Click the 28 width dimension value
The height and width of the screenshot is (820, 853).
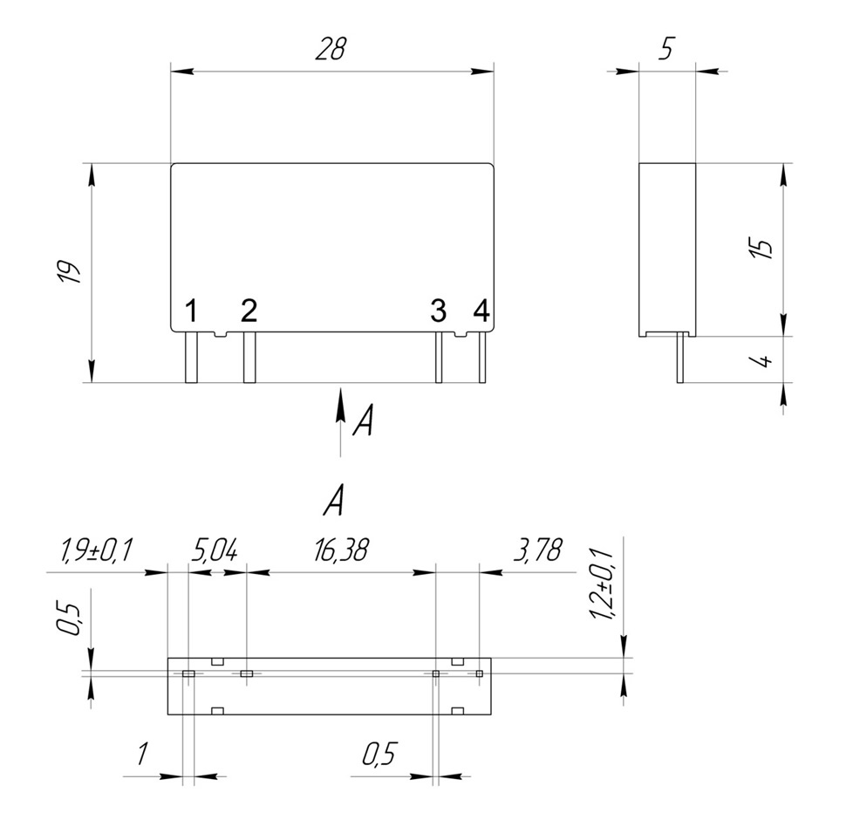[x=331, y=49]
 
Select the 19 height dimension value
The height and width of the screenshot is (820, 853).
[x=69, y=271]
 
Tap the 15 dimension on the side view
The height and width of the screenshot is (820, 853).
[x=763, y=248]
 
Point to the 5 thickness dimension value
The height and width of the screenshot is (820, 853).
[x=666, y=49]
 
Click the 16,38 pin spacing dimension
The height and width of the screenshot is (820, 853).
[x=341, y=550]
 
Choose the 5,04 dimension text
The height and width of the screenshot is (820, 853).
[x=215, y=550]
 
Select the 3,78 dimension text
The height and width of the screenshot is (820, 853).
[x=537, y=550]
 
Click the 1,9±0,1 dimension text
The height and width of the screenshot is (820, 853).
[x=96, y=550]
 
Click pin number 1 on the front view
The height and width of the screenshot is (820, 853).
[x=190, y=311]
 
